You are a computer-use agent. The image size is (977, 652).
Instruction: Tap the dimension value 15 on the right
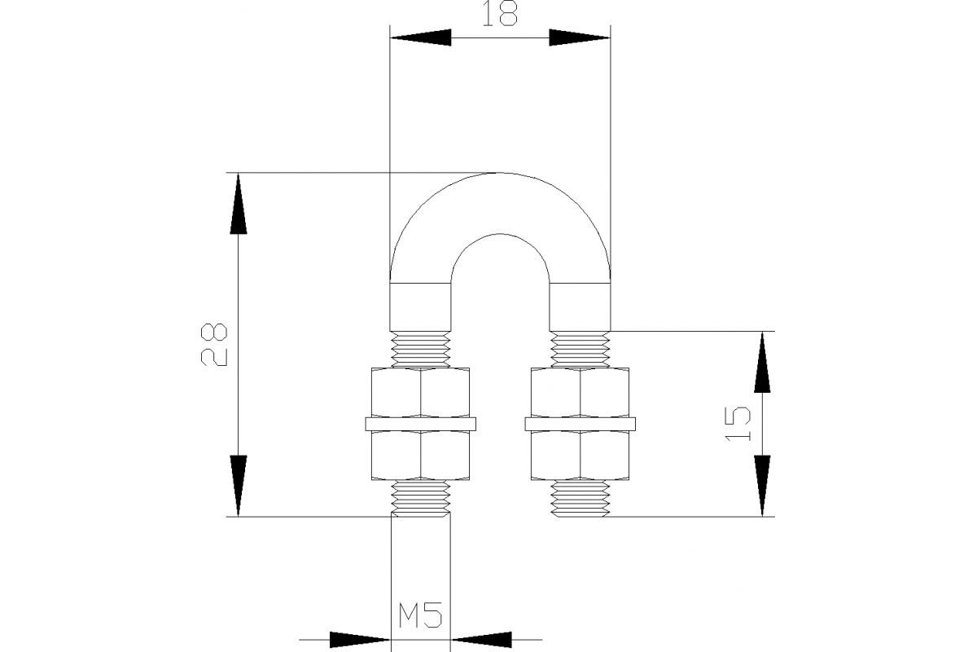tap(738, 424)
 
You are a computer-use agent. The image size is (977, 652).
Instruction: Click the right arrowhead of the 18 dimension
tap(580, 37)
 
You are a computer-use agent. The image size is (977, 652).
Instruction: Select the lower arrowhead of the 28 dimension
tap(238, 486)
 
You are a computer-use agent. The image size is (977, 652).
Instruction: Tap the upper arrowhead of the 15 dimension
tap(762, 362)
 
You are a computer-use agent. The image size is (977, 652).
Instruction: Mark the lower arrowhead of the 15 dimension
tap(762, 486)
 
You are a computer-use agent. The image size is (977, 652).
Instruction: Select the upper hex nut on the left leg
tap(421, 394)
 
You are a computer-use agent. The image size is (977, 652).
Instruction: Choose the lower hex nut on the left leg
tap(421, 454)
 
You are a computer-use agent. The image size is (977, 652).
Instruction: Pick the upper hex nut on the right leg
tap(581, 394)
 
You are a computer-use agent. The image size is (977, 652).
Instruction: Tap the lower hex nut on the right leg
tap(581, 454)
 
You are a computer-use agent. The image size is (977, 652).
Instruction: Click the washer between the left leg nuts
tap(421, 424)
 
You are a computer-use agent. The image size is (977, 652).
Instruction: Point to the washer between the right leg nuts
tap(581, 424)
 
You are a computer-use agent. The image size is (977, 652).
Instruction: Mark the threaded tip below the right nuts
tap(581, 498)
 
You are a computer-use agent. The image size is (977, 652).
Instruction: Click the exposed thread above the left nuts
tap(421, 350)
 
